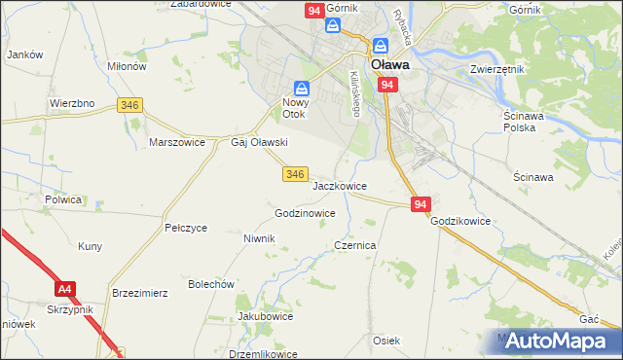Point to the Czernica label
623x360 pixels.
click(355, 246)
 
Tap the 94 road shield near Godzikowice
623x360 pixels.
click(421, 204)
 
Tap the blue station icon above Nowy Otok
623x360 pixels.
click(302, 88)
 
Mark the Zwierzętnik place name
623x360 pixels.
click(497, 70)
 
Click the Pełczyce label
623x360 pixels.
click(186, 228)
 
